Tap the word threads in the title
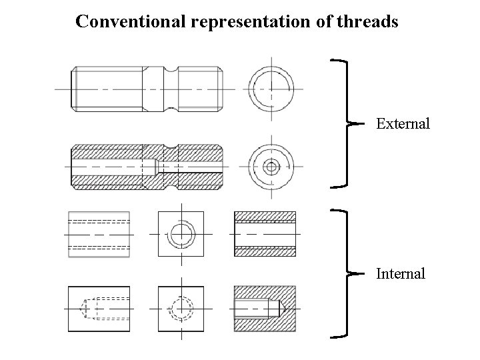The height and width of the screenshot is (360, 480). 368,22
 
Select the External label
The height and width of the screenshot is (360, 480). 403,124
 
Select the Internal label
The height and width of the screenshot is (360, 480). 401,273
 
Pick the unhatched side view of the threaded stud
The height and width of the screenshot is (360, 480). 146,89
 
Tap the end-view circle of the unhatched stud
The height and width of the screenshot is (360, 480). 271,89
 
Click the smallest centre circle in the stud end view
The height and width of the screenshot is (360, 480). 271,167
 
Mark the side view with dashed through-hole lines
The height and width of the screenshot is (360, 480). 99,234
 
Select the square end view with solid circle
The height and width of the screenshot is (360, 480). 180,234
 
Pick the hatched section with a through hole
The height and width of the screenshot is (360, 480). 265,234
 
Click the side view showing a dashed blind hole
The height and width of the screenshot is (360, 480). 99,309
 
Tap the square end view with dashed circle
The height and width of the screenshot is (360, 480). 180,309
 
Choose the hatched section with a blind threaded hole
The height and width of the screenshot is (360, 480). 265,309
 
